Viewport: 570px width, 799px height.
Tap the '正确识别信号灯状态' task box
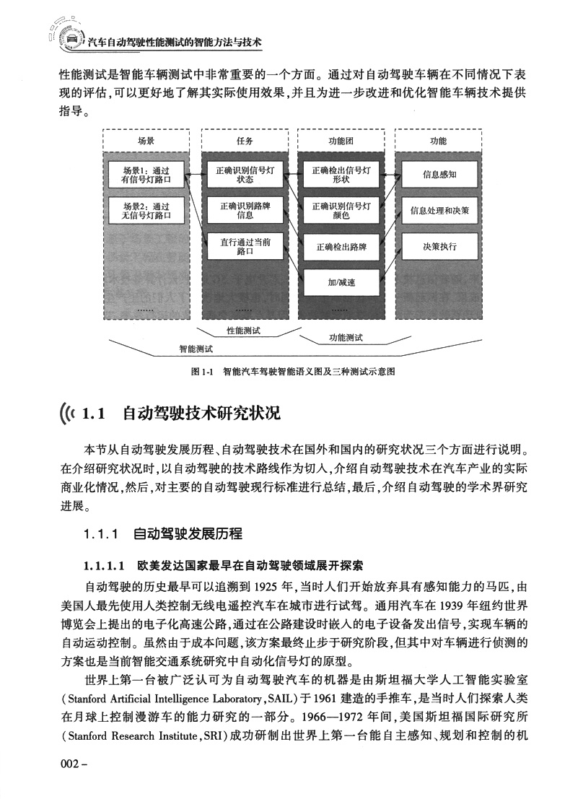(245, 175)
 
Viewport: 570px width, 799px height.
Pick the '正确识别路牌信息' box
(245, 210)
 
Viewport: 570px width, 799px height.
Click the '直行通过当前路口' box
(245, 247)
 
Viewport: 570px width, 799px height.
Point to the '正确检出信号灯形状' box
(341, 175)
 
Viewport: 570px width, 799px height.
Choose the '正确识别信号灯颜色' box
(341, 210)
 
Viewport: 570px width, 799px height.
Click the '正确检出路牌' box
(341, 247)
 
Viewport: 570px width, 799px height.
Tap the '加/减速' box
(341, 282)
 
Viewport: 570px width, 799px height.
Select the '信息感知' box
(439, 174)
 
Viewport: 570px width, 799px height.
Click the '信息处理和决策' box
(439, 210)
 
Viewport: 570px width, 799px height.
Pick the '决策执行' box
(439, 247)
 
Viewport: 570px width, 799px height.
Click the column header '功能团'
(341, 141)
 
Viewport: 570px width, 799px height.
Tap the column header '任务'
(245, 141)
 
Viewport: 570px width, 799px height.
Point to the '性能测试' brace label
(243, 330)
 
